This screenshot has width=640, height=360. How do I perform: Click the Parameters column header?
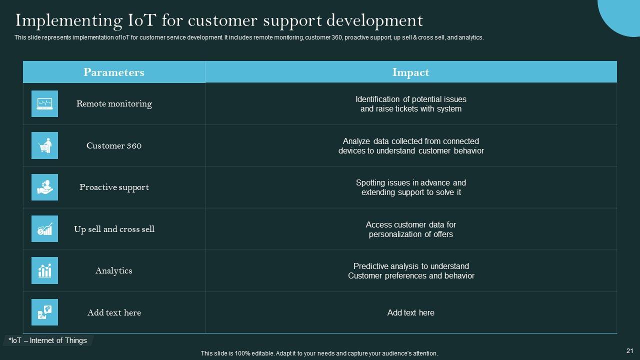(114, 72)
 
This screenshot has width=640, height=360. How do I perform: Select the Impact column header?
(410, 72)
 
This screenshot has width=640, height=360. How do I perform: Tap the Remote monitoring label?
(114, 104)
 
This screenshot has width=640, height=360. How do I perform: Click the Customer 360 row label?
(114, 146)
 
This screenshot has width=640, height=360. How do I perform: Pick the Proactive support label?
(114, 187)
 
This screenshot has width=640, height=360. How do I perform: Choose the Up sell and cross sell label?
(114, 229)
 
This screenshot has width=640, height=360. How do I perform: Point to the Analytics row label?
(114, 271)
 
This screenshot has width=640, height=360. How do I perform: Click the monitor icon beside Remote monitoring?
(44, 104)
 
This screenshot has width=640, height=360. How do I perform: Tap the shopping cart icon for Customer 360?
(44, 145)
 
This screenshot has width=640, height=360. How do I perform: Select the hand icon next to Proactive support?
(44, 187)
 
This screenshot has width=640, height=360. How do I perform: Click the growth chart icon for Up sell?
(44, 229)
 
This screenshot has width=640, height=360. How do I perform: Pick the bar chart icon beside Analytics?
(44, 270)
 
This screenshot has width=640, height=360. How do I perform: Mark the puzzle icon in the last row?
(44, 312)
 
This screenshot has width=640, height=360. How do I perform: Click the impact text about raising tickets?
(410, 104)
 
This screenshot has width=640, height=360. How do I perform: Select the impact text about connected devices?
(410, 146)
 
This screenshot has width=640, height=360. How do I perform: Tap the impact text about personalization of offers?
(410, 229)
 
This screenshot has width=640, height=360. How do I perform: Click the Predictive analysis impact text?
(410, 271)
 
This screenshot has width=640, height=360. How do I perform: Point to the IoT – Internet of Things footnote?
(48, 340)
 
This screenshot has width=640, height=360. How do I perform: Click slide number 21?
(629, 351)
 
